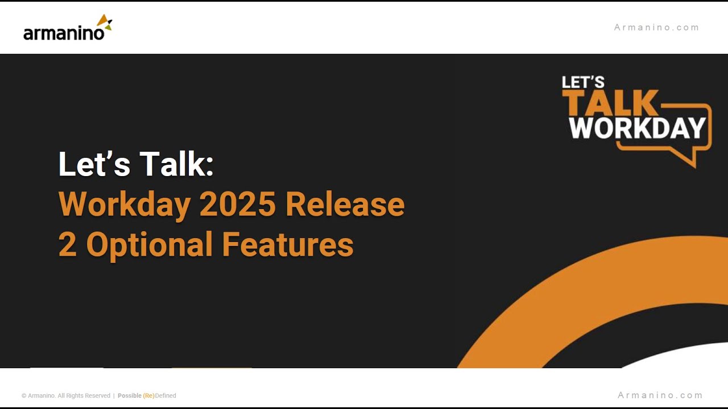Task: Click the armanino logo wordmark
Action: pos(64,34)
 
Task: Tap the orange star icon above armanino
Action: pos(104,23)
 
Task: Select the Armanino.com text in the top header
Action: pos(656,27)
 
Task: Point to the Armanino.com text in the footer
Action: pos(660,395)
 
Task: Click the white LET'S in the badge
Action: pos(583,82)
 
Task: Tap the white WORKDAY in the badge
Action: pos(637,128)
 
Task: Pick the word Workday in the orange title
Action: pos(124,204)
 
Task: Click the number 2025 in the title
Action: pos(238,204)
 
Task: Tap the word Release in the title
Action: pos(345,204)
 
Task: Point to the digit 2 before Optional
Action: pos(67,245)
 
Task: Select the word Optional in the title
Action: pos(149,245)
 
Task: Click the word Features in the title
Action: pos(288,245)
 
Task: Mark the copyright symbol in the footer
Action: pos(24,396)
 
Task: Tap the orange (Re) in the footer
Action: pos(148,396)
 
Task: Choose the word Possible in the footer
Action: pos(130,396)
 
